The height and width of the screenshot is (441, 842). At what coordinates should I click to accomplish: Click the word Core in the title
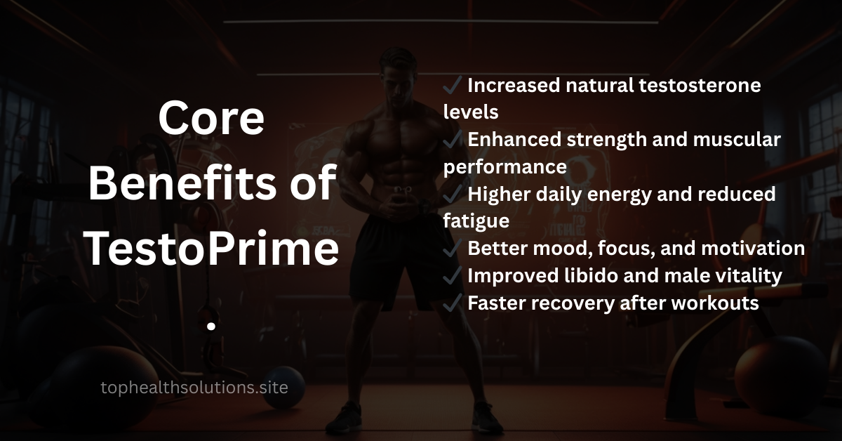(211, 119)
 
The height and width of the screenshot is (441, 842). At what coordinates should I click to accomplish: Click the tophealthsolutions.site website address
(194, 387)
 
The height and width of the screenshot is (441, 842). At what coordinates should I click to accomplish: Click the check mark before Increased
(452, 86)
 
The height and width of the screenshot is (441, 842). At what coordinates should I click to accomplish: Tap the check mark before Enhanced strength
(452, 140)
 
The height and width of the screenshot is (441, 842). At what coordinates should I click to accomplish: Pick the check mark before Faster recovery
(452, 303)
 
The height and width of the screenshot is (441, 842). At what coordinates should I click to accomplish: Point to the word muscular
(737, 140)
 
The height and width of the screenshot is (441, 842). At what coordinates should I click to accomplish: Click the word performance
(504, 166)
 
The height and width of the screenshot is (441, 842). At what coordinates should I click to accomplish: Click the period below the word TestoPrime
(211, 327)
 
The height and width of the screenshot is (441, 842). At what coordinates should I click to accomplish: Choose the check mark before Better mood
(452, 249)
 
